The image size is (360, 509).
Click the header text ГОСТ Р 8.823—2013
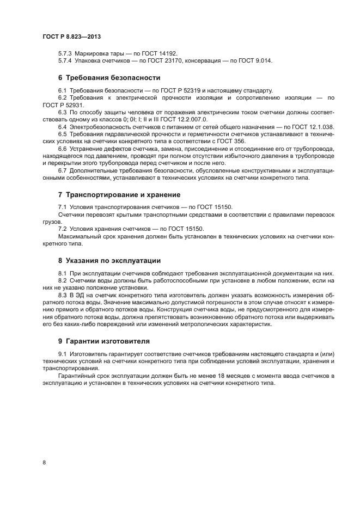coord(71,36)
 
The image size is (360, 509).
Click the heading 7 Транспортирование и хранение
coord(119,194)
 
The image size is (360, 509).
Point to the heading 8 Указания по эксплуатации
coord(109,260)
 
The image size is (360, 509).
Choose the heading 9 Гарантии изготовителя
coord(103,341)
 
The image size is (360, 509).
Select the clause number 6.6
coord(62,148)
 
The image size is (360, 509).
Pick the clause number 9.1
coord(62,354)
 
